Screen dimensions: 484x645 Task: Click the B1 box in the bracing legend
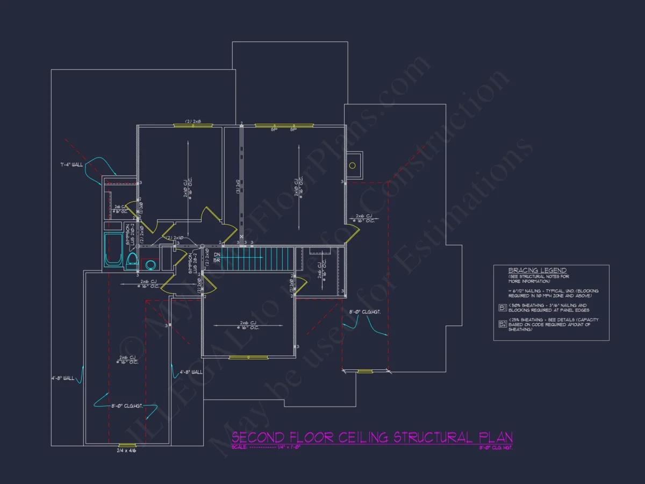pyautogui.click(x=503, y=308)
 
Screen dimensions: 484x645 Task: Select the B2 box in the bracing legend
pyautogui.click(x=503, y=324)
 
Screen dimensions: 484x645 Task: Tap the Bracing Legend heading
pyautogui.click(x=537, y=271)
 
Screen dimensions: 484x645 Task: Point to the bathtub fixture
pyautogui.click(x=113, y=250)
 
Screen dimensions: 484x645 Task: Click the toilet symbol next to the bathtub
pyautogui.click(x=131, y=260)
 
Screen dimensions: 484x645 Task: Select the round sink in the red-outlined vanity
pyautogui.click(x=150, y=264)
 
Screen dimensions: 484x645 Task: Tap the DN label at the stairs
pyautogui.click(x=217, y=255)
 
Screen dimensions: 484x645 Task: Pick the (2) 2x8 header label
pyautogui.click(x=192, y=122)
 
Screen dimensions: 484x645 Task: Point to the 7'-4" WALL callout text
pyautogui.click(x=71, y=165)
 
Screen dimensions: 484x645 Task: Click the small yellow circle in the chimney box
pyautogui.click(x=353, y=165)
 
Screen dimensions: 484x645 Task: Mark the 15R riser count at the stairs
pyautogui.click(x=217, y=261)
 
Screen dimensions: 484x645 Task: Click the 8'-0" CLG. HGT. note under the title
pyautogui.click(x=496, y=447)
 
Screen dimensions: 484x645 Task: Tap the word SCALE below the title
pyautogui.click(x=239, y=447)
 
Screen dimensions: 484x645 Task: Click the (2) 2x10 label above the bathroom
pyautogui.click(x=175, y=238)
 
